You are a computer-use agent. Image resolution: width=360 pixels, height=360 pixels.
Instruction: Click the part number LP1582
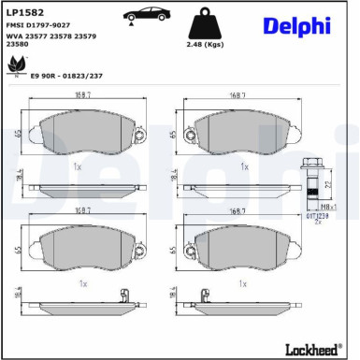pos(23,12)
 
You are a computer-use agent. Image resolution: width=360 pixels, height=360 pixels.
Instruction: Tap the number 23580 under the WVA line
pos(16,44)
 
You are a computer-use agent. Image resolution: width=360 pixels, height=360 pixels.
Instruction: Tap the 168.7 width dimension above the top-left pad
pos(83,94)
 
